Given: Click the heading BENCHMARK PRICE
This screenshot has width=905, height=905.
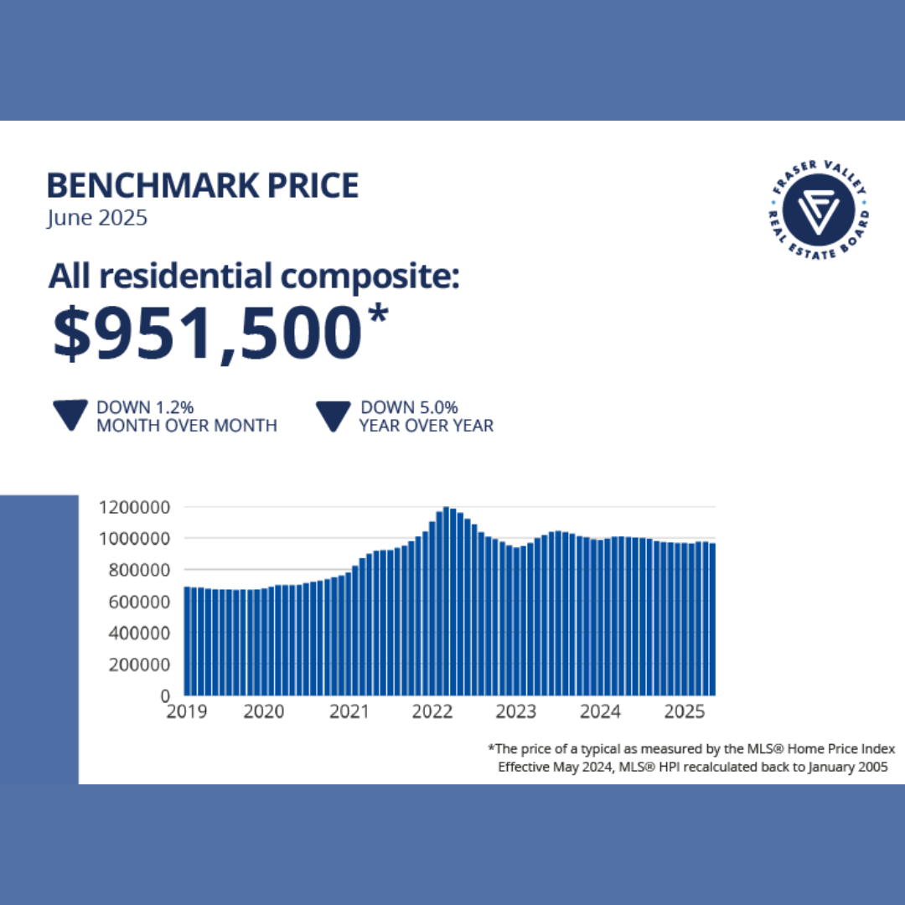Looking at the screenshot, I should point(203,185).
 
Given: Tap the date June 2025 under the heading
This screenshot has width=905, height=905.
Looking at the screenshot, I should point(97,219).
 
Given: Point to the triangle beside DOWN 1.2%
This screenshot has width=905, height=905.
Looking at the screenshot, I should point(70,416).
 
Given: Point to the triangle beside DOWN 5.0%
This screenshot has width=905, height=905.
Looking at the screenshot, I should point(333,416).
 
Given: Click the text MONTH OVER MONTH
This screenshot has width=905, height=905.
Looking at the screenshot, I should point(186,426).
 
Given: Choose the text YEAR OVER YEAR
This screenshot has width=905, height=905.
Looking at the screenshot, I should point(427,426).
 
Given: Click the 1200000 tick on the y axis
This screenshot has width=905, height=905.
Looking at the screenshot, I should point(135,507).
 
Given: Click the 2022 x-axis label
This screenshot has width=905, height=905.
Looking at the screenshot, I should point(432,712).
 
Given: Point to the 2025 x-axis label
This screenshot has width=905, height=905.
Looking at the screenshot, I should point(684,712).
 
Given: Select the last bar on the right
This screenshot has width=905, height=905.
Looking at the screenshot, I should point(712,620).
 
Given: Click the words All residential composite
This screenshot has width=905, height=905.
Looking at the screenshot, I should point(253,277).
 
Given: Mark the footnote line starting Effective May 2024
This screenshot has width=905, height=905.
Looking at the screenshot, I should point(692,766).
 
